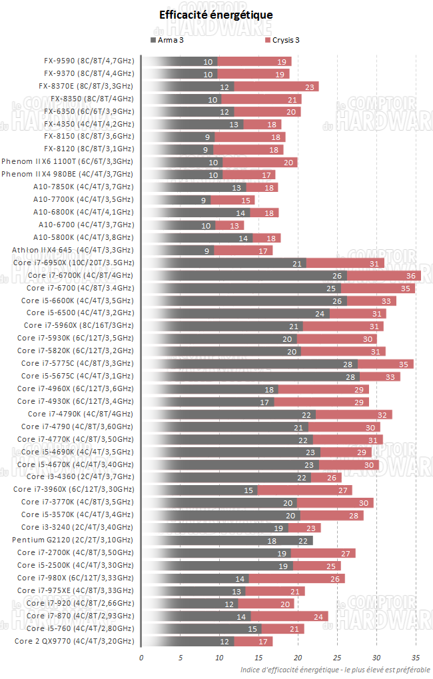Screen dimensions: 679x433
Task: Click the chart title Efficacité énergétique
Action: pos(216,15)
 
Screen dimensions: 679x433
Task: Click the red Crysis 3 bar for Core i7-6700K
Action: pos(384,275)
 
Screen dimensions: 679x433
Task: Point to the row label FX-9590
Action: pos(89,61)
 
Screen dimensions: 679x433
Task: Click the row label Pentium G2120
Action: pos(73,540)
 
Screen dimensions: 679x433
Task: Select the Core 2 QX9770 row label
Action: pos(74,640)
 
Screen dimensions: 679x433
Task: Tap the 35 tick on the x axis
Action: pos(416,658)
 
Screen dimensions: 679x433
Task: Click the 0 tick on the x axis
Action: pos(141,658)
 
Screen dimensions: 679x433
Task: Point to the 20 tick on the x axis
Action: pos(298,658)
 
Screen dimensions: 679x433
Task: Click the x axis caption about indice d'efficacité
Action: pos(335,670)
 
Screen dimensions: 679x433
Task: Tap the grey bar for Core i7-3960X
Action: pos(200,489)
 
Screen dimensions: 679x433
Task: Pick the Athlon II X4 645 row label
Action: pos(73,250)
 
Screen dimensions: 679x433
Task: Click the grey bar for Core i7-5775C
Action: pos(250,363)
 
